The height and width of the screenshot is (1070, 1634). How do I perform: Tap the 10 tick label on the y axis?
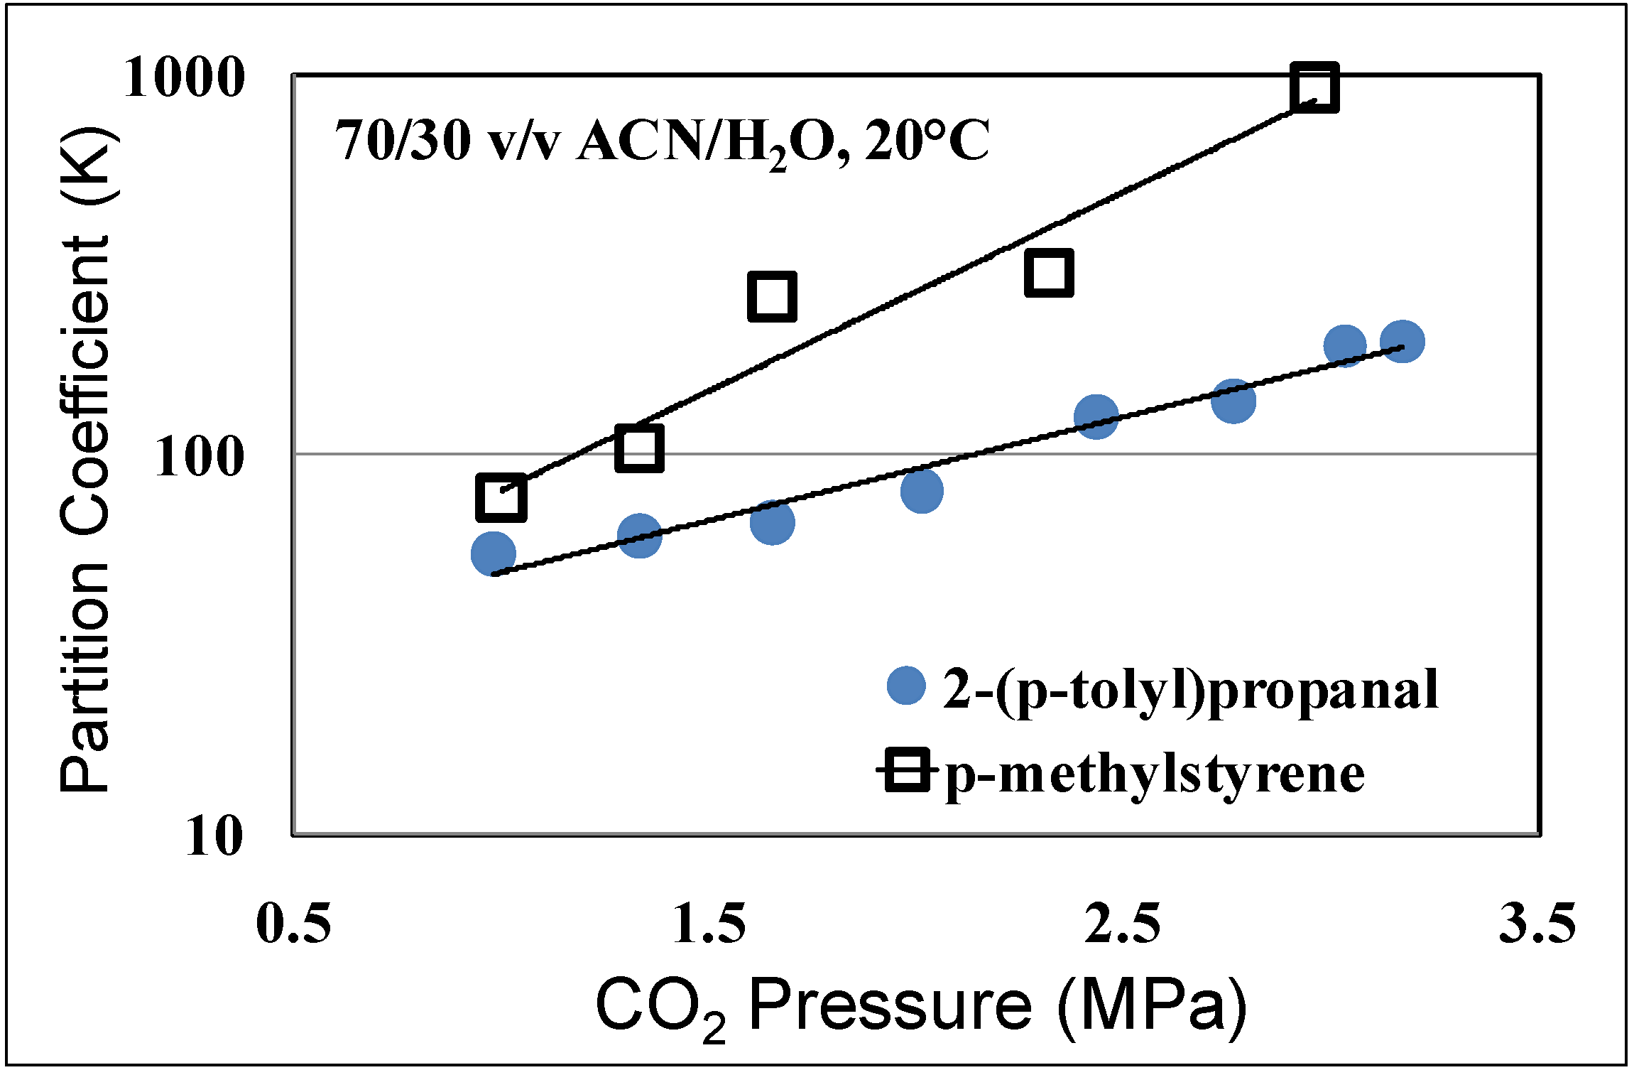click(x=214, y=836)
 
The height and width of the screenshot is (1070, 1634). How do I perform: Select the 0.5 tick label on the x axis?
click(x=293, y=924)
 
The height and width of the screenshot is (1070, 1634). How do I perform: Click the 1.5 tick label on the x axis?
click(x=709, y=924)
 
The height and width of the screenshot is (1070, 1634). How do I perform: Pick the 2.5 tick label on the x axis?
click(x=1123, y=924)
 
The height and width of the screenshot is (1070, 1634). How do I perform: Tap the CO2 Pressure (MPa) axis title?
click(x=921, y=1005)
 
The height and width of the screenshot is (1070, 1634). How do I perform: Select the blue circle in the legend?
click(x=907, y=686)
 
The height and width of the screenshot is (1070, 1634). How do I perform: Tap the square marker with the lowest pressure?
click(x=501, y=498)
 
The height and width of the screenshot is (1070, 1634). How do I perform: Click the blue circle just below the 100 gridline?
click(x=922, y=490)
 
